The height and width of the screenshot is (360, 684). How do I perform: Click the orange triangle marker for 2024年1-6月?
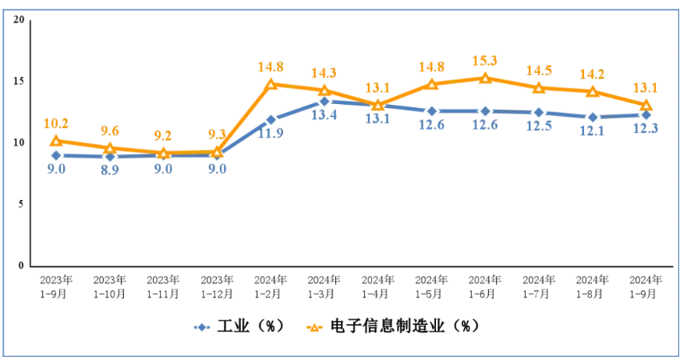pos(485,78)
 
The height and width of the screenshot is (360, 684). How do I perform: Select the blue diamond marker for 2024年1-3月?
pos(324,101)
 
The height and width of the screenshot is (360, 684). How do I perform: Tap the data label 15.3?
pos(485,60)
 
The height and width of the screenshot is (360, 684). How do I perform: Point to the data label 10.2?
pos(56,123)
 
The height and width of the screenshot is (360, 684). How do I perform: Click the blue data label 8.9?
pos(110,170)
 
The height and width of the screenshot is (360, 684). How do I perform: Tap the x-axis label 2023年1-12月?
pos(217,286)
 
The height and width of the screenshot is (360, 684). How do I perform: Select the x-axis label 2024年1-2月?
pos(270,286)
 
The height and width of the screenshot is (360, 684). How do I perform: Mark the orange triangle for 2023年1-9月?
pos(56,141)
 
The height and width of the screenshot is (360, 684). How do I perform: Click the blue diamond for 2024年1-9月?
pos(646,114)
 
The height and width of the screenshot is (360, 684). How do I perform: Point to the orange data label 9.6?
pos(110,130)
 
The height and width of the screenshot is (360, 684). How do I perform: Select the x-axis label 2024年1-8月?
pos(592,286)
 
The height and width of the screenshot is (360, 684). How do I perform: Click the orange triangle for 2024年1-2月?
pos(270,84)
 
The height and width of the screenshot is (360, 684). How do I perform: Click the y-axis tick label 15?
pos(18,82)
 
